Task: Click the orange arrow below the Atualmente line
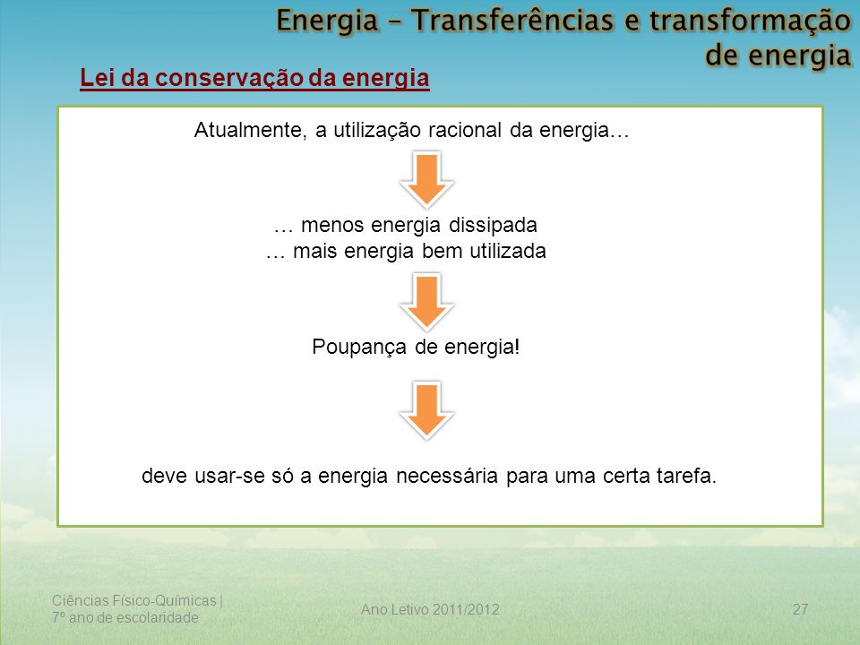click(426, 180)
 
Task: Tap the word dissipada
click(493, 225)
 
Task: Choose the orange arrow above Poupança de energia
click(426, 302)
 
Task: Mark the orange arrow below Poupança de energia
click(426, 410)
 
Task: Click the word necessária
click(446, 476)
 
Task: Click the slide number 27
click(800, 609)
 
